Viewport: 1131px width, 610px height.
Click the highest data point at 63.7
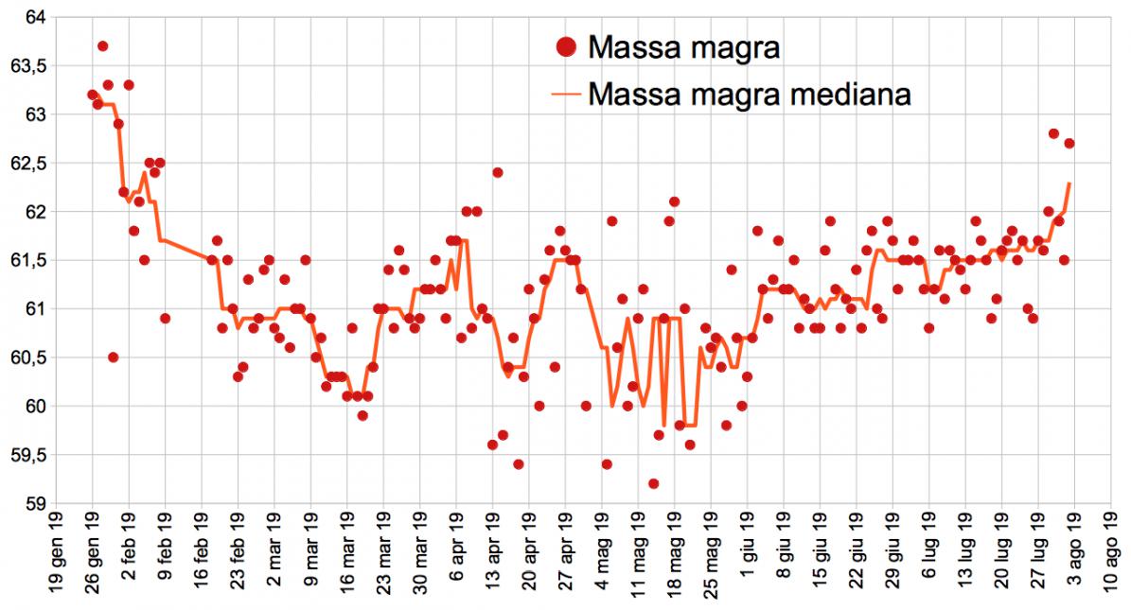102,46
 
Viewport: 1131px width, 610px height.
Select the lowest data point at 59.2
653,483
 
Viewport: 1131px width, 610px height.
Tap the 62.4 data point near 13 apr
497,172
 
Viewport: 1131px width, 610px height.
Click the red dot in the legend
566,45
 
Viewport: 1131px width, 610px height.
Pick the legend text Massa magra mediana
749,94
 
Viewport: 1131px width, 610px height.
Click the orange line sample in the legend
566,94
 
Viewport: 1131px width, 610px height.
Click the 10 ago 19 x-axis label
1111,558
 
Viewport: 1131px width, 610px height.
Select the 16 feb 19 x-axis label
202,558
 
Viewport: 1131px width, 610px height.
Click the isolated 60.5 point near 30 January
113,357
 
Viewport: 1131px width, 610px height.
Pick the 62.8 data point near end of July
1053,133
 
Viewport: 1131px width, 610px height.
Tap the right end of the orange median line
1069,183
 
